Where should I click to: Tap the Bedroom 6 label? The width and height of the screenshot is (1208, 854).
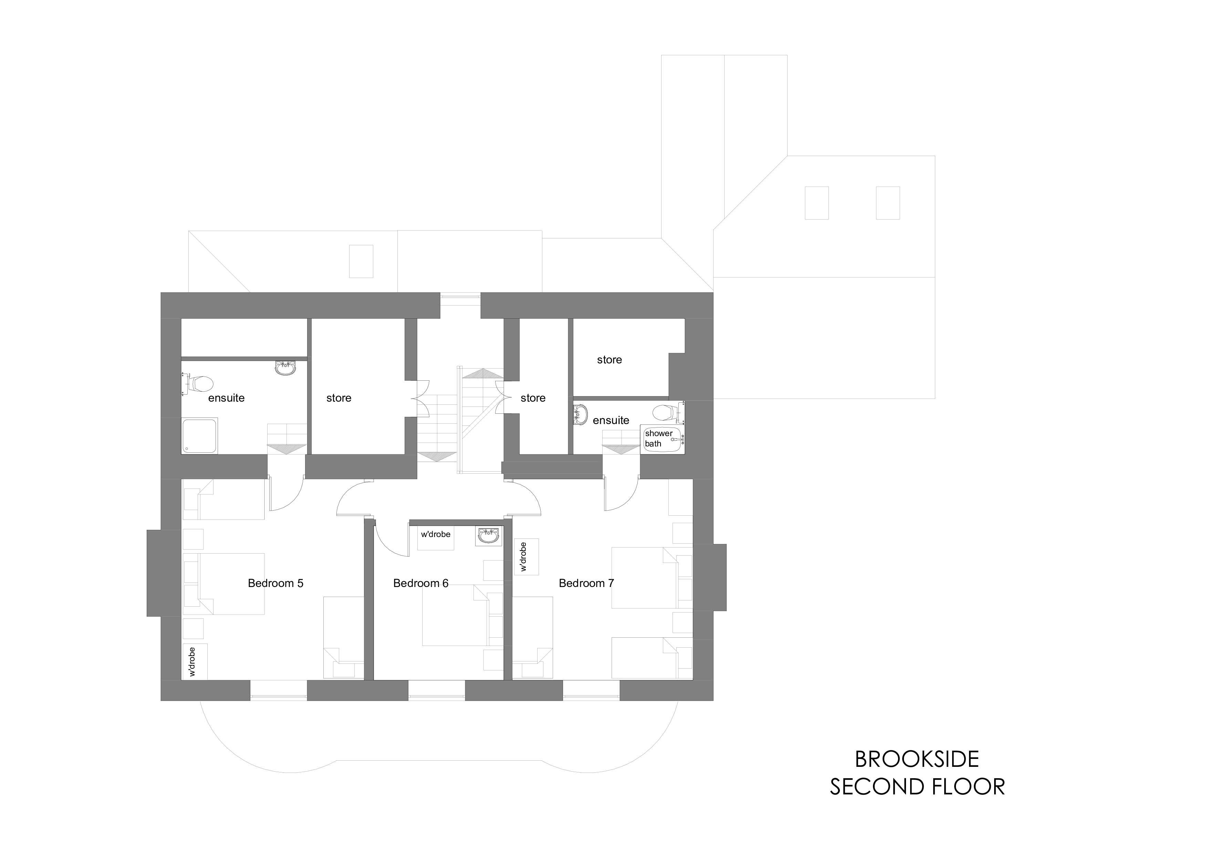pyautogui.click(x=420, y=583)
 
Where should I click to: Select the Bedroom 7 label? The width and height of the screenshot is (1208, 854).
pyautogui.click(x=586, y=583)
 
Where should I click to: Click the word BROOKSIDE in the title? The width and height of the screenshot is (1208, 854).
pyautogui.click(x=917, y=759)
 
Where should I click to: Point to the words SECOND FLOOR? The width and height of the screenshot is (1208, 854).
pyautogui.click(x=917, y=786)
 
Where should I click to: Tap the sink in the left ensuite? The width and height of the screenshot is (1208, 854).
pyautogui.click(x=286, y=368)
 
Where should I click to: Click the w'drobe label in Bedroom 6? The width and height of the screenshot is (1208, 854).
pyautogui.click(x=436, y=534)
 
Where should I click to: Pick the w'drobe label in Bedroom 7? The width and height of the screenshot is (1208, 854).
pyautogui.click(x=522, y=557)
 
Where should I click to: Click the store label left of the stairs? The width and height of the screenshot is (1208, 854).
pyautogui.click(x=339, y=398)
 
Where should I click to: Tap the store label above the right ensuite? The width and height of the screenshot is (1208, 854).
pyautogui.click(x=609, y=360)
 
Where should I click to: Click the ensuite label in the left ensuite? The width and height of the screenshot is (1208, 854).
pyautogui.click(x=226, y=398)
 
